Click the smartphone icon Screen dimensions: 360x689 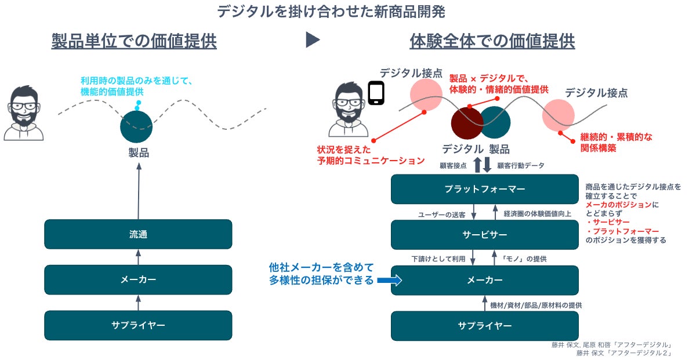[x=377, y=93]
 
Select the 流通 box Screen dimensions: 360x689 [x=138, y=234]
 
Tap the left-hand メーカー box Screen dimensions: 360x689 [x=138, y=279]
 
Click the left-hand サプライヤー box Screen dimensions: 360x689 [x=138, y=325]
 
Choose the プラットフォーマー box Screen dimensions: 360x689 [x=484, y=189]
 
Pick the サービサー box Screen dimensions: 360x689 [x=484, y=234]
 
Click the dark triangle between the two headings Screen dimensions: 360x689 [x=313, y=40]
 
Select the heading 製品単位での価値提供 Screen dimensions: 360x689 [x=134, y=41]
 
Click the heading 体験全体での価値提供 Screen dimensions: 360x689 [x=492, y=41]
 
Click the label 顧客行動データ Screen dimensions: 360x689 [x=521, y=166]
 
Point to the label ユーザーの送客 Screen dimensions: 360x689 [x=441, y=214]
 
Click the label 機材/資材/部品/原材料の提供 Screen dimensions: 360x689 [x=536, y=305]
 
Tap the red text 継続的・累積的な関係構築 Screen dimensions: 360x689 [x=616, y=143]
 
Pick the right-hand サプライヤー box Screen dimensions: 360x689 [x=484, y=325]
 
